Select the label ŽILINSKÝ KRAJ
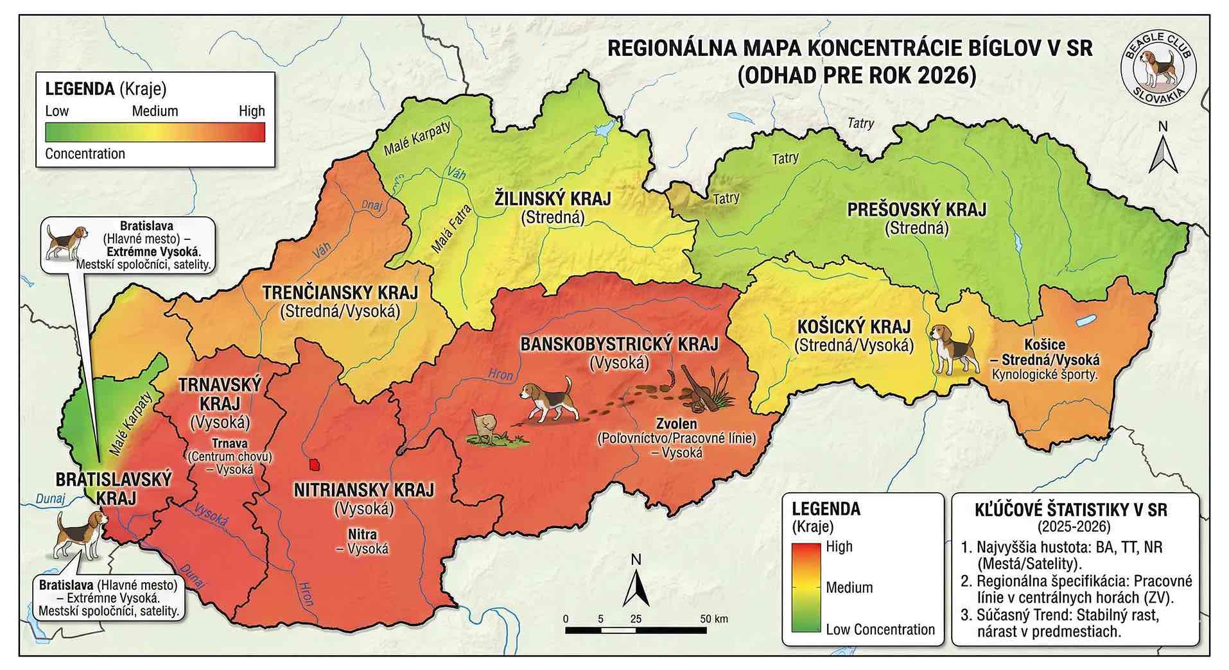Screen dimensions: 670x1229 pyautogui.click(x=552, y=198)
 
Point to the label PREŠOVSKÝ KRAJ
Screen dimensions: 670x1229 pyautogui.click(x=916, y=209)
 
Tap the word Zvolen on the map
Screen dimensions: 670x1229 pyautogui.click(x=676, y=424)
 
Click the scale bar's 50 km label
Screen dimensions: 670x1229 pyautogui.click(x=713, y=619)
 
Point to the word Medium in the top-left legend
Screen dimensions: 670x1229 pyautogui.click(x=155, y=111)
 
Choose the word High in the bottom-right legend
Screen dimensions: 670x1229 pyautogui.click(x=839, y=547)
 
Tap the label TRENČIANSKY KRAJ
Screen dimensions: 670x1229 pyautogui.click(x=340, y=293)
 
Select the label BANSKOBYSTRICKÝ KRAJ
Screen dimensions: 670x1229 pyautogui.click(x=619, y=344)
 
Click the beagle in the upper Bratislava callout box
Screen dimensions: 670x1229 pyautogui.click(x=65, y=242)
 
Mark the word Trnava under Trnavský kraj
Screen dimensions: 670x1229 pyautogui.click(x=229, y=443)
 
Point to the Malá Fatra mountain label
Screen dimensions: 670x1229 pyautogui.click(x=451, y=228)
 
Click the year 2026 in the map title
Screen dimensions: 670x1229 pyautogui.click(x=946, y=76)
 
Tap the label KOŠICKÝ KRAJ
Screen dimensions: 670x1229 pyautogui.click(x=853, y=327)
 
